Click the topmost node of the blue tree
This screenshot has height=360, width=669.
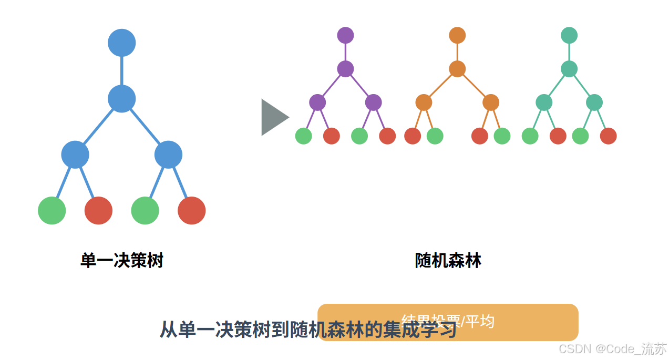tap(122, 43)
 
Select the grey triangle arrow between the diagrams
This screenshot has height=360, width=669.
tap(273, 117)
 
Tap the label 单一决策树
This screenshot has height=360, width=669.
tap(122, 261)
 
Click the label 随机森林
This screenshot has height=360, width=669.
tap(448, 261)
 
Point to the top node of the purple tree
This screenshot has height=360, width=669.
tap(345, 35)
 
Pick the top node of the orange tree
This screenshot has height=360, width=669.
tap(457, 35)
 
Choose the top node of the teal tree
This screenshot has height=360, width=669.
tap(569, 35)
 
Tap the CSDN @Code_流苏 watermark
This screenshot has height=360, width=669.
tap(612, 348)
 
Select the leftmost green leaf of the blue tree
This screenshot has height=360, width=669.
tap(52, 210)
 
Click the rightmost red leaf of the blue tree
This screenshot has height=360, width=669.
tap(191, 210)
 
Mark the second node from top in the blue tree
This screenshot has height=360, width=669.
tap(122, 98)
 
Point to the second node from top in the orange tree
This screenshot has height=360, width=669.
tap(457, 69)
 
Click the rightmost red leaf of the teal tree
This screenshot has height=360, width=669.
tap(608, 136)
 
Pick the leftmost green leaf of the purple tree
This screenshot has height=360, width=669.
tap(304, 136)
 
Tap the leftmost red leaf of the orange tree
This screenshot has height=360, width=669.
tap(413, 136)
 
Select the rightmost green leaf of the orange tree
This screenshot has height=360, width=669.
tap(502, 136)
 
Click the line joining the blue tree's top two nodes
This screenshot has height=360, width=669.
tap(122, 70)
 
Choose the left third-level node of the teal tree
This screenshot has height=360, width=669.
tap(544, 102)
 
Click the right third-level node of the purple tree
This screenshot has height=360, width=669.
tap(373, 102)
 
